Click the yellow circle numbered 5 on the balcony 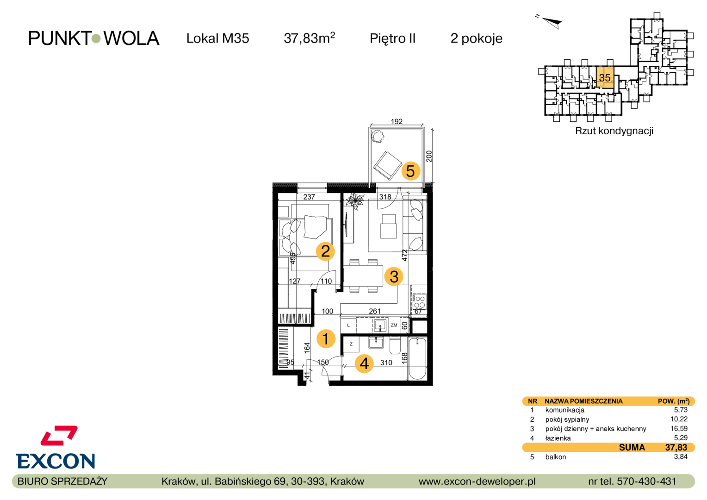pyautogui.click(x=410, y=171)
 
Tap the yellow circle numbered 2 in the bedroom pyautogui.click(x=325, y=251)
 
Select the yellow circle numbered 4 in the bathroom pyautogui.click(x=364, y=363)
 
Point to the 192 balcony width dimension pyautogui.click(x=397, y=121)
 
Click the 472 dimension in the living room pyautogui.click(x=405, y=255)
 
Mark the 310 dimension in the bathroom pyautogui.click(x=386, y=362)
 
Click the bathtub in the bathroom pyautogui.click(x=417, y=358)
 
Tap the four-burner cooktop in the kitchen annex pyautogui.click(x=420, y=301)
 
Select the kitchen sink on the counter pyautogui.click(x=380, y=325)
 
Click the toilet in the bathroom pyautogui.click(x=395, y=346)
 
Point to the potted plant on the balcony pyautogui.click(x=377, y=137)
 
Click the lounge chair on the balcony pyautogui.click(x=387, y=166)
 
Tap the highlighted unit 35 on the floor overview pyautogui.click(x=605, y=77)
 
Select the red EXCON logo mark pyautogui.click(x=59, y=435)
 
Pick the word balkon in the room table pyautogui.click(x=556, y=457)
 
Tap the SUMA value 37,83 pyautogui.click(x=676, y=447)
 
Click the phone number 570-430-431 pyautogui.click(x=647, y=481)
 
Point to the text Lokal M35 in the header pyautogui.click(x=218, y=38)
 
